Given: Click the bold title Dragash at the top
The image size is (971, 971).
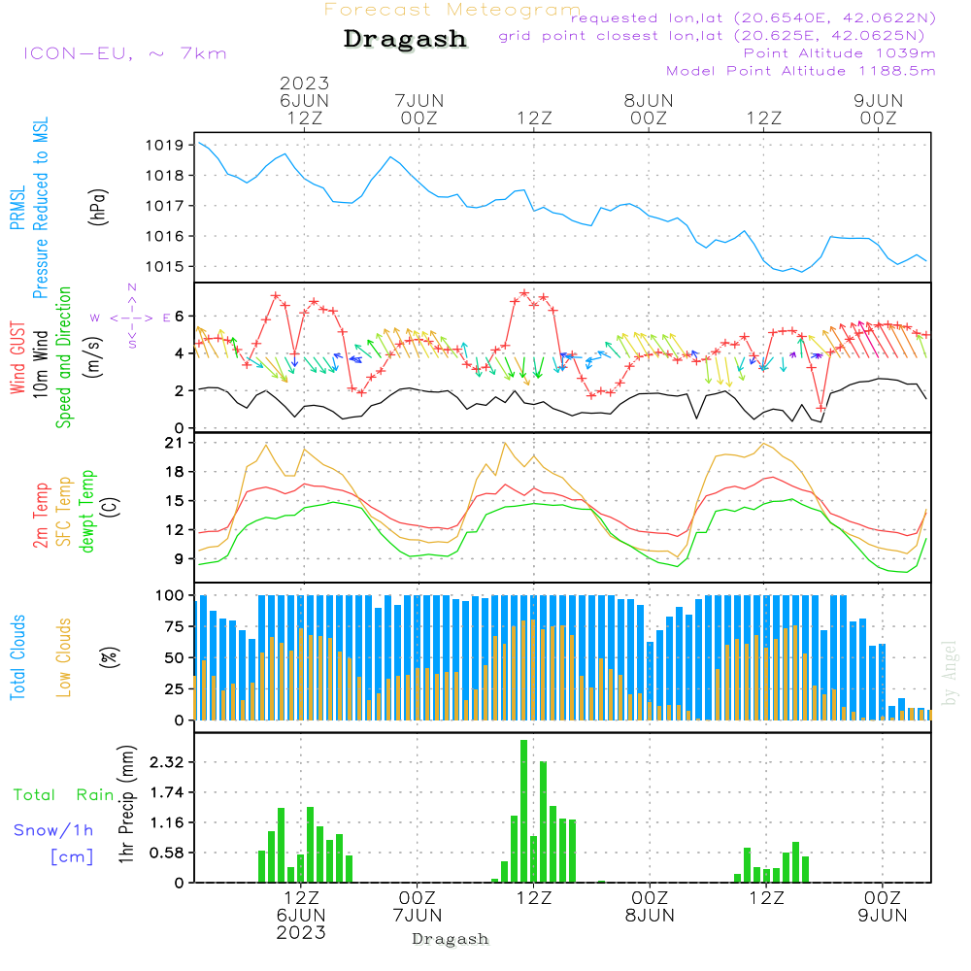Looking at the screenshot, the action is (x=405, y=40).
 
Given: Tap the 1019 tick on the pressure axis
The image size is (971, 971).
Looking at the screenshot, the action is (x=165, y=146).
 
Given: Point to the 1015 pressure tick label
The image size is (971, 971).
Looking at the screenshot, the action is (x=165, y=267).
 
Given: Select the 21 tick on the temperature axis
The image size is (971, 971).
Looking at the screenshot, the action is (x=174, y=443).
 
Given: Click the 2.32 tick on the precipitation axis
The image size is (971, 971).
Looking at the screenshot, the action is (x=167, y=762).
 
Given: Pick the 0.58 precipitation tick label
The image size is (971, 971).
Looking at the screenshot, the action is (x=167, y=854).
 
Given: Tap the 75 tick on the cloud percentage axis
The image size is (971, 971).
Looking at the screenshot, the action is (x=174, y=626).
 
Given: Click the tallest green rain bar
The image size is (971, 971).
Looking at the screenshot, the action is (x=524, y=811).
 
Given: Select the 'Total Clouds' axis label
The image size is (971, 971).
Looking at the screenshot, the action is (x=17, y=657).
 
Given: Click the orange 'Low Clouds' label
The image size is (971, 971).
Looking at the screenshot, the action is (x=64, y=657).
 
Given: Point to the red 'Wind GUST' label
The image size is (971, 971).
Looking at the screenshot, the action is (x=17, y=358).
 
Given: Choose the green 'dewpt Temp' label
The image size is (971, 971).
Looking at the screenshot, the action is (x=86, y=511).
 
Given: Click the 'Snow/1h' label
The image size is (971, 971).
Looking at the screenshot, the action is (x=53, y=830).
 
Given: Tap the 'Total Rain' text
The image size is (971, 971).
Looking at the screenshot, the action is (x=64, y=795).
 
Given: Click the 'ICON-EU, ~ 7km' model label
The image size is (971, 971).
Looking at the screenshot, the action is (x=125, y=53).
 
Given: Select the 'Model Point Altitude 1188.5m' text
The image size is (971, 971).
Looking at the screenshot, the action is (x=801, y=71).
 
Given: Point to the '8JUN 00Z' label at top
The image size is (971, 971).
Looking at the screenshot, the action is (x=649, y=110).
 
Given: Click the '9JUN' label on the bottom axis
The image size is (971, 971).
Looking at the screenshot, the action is (x=883, y=916).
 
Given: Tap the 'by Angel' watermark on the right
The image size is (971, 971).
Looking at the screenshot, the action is (x=950, y=673).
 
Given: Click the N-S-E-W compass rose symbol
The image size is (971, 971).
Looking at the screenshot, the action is (x=132, y=318).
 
